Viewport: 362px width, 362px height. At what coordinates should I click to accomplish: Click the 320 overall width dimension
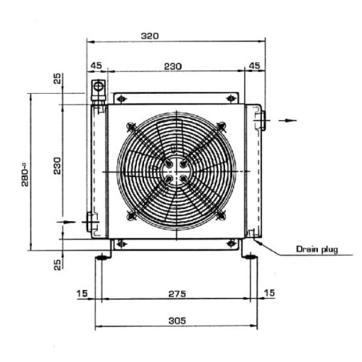150,36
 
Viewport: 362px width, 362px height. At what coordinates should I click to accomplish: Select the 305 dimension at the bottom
177,320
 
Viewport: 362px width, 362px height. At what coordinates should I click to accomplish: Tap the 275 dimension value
177,294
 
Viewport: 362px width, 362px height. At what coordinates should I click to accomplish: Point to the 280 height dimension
25,177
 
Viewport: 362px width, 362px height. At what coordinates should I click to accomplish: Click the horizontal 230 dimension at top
173,66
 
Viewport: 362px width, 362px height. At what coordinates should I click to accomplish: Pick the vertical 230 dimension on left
57,166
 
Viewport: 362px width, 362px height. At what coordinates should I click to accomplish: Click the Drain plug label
317,249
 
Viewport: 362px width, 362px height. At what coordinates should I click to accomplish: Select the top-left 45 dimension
96,66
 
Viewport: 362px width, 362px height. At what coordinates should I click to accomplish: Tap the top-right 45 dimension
254,66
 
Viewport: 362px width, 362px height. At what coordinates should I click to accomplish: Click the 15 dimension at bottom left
82,293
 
